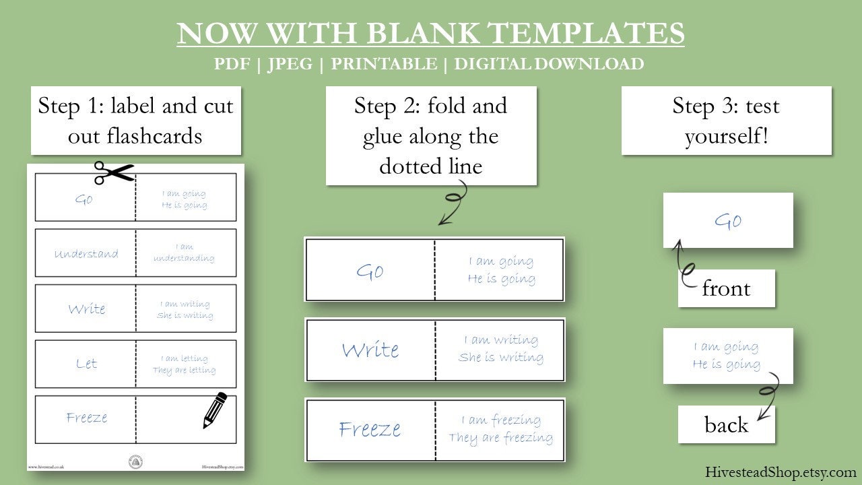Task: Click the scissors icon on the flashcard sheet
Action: click(114, 173)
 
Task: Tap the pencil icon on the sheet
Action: click(215, 410)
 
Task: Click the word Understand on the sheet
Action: click(86, 254)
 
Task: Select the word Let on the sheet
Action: click(87, 364)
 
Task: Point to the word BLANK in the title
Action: click(424, 33)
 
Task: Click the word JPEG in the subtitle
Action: click(290, 64)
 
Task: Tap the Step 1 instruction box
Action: click(135, 121)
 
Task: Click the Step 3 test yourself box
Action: click(726, 121)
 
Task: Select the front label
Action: click(726, 288)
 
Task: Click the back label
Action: click(726, 424)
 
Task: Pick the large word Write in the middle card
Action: click(370, 350)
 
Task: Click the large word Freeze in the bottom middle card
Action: click(370, 429)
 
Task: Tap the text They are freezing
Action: click(501, 438)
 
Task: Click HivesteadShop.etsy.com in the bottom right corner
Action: click(781, 472)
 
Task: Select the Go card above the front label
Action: click(728, 220)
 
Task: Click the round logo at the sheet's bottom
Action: click(135, 463)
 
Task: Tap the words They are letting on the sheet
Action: click(185, 370)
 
